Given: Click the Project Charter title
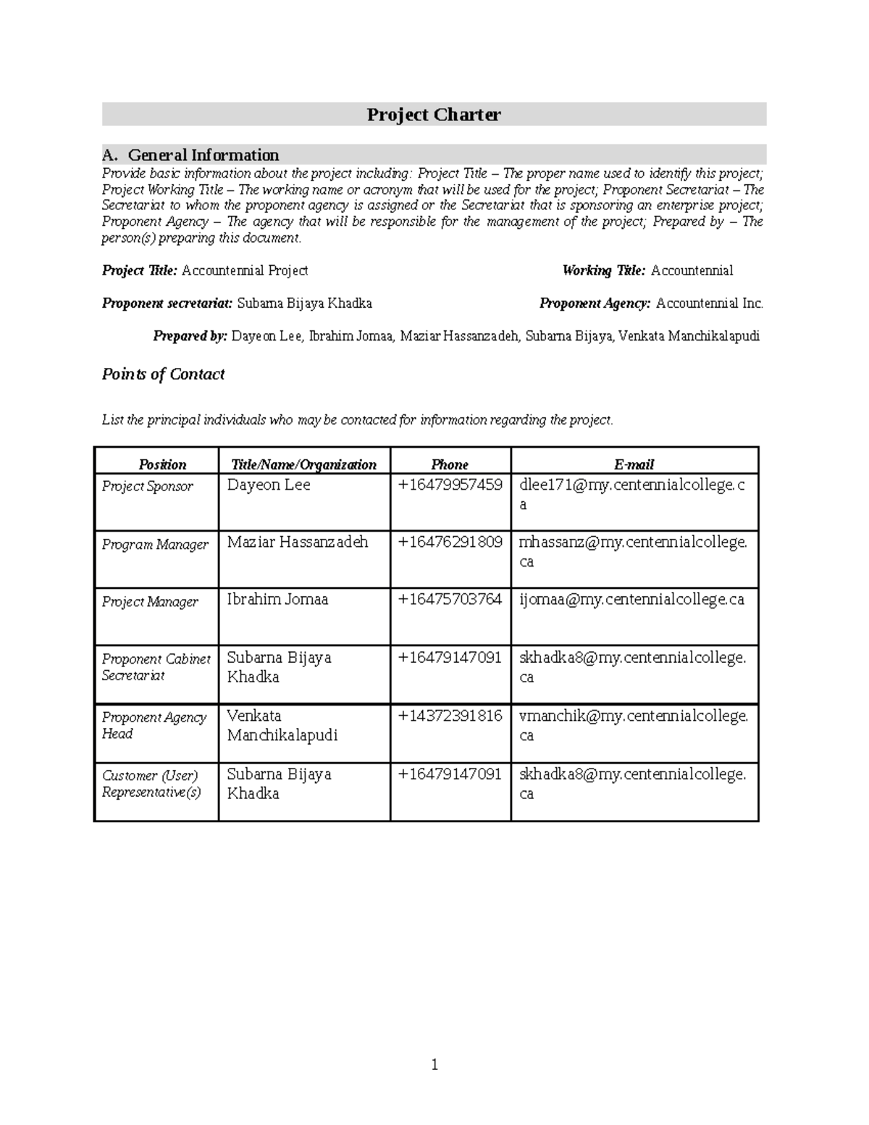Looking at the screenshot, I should click(433, 114).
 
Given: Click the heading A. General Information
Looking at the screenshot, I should click(190, 155).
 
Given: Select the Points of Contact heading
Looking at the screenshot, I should click(163, 374).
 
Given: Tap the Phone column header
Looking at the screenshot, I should click(450, 464).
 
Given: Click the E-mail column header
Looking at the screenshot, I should click(634, 464).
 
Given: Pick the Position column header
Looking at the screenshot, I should click(162, 464).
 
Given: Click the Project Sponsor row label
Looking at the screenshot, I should click(147, 486).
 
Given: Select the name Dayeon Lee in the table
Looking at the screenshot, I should click(269, 485).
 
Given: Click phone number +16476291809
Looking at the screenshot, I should click(450, 542).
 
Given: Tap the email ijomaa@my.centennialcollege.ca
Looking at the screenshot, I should click(631, 599).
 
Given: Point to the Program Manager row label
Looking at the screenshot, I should click(155, 544).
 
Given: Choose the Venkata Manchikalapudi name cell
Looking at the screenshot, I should click(282, 725).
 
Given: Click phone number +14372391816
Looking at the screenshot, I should click(450, 716).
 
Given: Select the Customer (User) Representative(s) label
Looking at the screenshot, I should click(151, 783).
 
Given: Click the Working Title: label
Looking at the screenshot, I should click(603, 271).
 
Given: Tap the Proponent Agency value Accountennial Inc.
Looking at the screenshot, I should click(709, 304).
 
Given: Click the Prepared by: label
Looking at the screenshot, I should click(190, 336).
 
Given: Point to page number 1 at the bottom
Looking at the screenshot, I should click(434, 1064).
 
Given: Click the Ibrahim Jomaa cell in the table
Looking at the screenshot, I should click(277, 599).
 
